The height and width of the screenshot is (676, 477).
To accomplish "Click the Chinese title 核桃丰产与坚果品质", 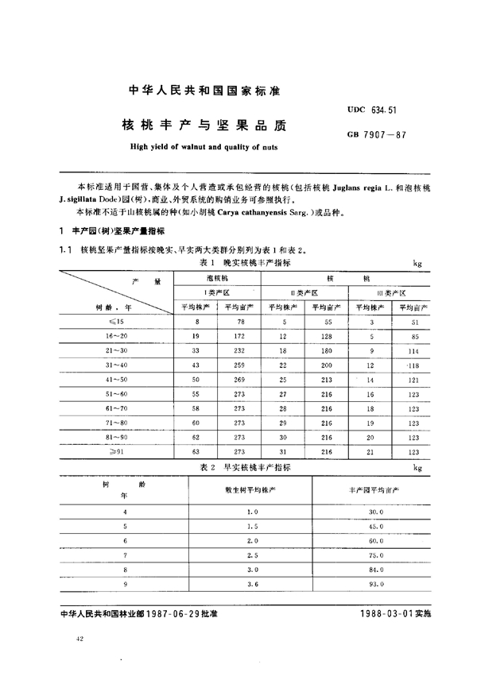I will pos(192,126).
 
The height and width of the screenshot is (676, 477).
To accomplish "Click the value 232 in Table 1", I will pos(239,350).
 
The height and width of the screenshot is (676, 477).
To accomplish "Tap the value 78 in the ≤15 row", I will pos(239,322).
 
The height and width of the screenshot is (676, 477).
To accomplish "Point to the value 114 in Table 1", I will pos(412,350).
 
